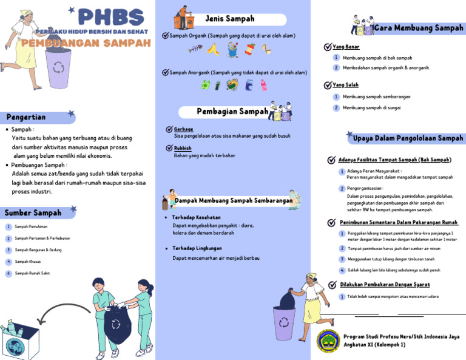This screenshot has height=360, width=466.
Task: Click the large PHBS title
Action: tap(111, 18)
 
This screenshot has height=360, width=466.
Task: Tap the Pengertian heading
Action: tap(26, 117)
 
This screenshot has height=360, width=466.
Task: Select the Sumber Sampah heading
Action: tap(33, 212)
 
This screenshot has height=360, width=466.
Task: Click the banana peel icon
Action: tap(212, 49)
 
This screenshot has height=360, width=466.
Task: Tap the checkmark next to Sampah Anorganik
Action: tap(166, 72)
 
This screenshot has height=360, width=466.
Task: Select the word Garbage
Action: tap(183, 129)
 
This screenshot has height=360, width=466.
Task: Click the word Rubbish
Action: tap(183, 148)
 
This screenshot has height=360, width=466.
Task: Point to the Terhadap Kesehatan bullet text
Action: tap(197, 217)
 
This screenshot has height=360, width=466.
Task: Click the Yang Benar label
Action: tap(346, 47)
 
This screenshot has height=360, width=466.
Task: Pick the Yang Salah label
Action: tap(346, 85)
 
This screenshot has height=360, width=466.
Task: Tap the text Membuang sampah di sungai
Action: tap(373, 107)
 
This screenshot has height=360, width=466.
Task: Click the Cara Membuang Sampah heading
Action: tap(419, 28)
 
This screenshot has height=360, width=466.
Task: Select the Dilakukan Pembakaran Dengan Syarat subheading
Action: tap(385, 284)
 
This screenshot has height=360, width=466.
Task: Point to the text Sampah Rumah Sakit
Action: tap(32, 273)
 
